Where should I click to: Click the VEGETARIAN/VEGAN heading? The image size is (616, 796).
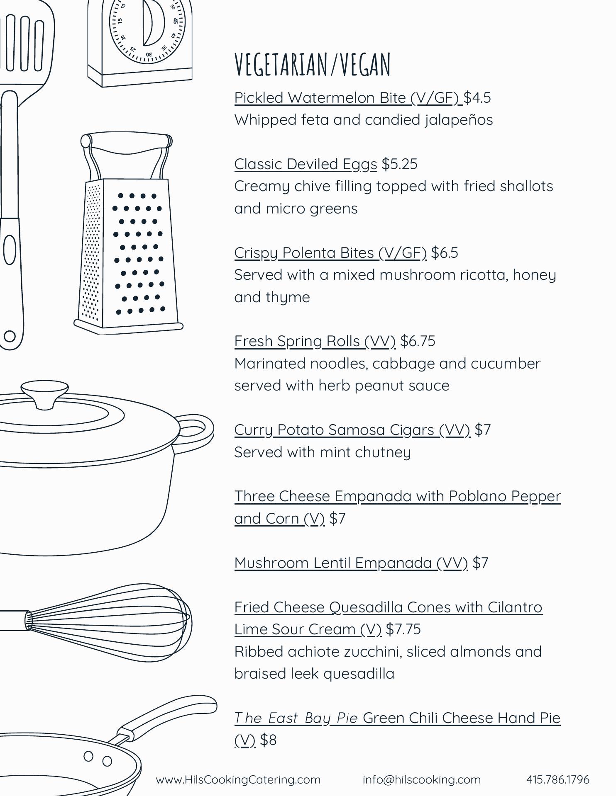click(313, 65)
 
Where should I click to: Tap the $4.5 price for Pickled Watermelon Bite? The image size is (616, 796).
click(477, 98)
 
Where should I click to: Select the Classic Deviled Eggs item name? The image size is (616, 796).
click(306, 165)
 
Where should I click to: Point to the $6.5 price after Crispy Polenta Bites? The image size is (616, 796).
click(445, 253)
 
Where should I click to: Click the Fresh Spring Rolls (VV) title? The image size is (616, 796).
click(315, 342)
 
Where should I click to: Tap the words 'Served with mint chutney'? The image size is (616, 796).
click(323, 452)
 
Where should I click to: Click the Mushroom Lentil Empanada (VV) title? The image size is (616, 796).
click(351, 563)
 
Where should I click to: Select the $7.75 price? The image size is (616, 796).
click(403, 629)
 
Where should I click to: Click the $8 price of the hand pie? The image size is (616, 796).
click(268, 740)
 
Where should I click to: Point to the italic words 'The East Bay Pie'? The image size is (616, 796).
click(296, 718)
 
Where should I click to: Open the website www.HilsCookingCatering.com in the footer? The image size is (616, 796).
click(238, 780)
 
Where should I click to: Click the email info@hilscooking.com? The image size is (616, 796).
click(422, 780)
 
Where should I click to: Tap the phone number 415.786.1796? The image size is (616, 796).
click(558, 780)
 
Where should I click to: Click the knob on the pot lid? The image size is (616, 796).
click(45, 395)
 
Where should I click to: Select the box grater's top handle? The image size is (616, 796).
click(127, 141)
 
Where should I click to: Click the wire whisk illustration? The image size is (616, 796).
click(95, 622)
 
